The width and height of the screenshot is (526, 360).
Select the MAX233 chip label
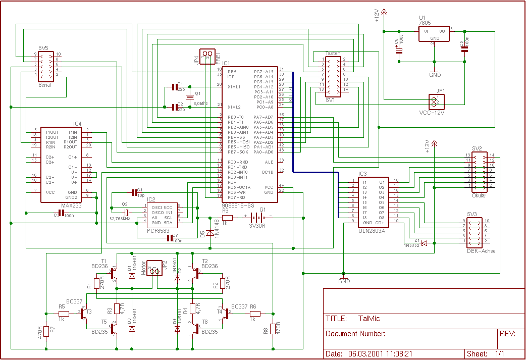[x=70, y=205]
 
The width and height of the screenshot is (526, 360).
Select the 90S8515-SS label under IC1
[x=239, y=205]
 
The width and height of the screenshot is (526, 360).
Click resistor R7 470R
[x=46, y=331]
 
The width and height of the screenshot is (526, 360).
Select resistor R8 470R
[x=272, y=329]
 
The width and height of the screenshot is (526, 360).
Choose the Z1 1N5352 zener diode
[x=424, y=243]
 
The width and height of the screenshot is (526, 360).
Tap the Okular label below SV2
[x=479, y=196]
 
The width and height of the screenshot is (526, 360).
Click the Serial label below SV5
[x=45, y=85]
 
